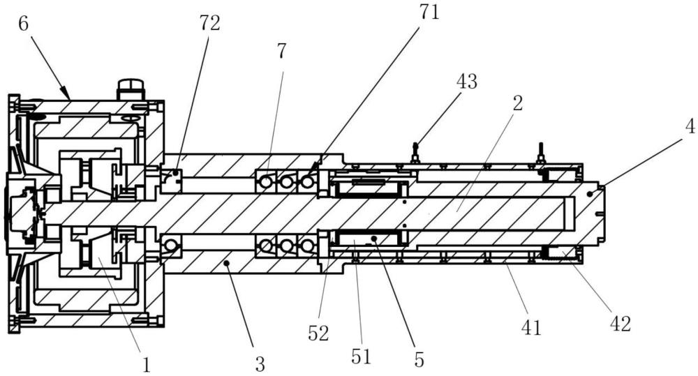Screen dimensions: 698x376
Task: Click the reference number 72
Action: point(209,23)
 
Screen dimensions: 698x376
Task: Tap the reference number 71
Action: point(429,12)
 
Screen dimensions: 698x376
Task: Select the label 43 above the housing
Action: point(466,82)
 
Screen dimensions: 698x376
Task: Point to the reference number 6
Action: point(24,24)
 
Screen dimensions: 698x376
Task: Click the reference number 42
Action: point(620,324)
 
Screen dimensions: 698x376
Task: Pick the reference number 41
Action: point(531,328)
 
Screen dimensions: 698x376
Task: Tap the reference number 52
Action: point(318,333)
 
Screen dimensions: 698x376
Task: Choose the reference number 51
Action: point(361,356)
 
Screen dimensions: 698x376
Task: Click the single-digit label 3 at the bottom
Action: point(260,364)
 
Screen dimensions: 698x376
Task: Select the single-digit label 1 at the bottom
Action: point(146,366)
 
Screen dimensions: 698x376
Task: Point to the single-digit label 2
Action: point(518,103)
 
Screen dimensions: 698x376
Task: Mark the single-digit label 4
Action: point(690,127)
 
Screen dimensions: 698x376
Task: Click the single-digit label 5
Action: point(419,359)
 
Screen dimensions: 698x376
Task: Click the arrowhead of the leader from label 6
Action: point(67,96)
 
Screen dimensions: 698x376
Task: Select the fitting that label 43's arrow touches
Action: point(415,153)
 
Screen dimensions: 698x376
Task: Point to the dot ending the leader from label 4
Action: point(590,193)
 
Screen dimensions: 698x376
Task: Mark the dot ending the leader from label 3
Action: point(227,264)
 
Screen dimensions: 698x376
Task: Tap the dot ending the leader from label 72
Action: point(176,172)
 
